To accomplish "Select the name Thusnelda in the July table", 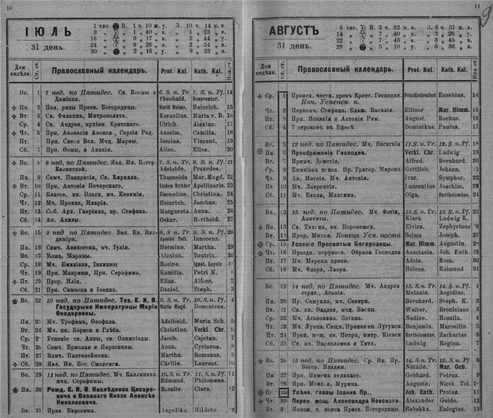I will click(x=173, y=177).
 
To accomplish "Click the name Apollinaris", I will click(x=207, y=185).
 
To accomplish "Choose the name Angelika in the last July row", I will click(x=173, y=411).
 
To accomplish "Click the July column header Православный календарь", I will click(x=99, y=71).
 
